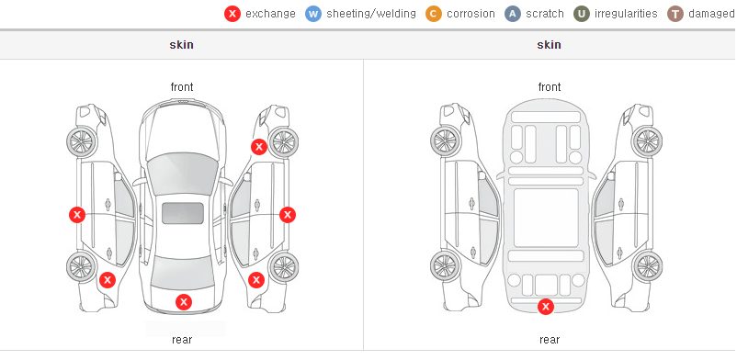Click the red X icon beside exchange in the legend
click(232, 14)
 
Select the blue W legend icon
click(313, 14)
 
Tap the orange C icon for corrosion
click(434, 14)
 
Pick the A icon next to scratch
click(513, 14)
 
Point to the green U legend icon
click(582, 14)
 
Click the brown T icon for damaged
click(675, 14)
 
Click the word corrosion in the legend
click(471, 14)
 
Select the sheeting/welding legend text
click(371, 14)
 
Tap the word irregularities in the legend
click(626, 14)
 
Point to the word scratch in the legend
click(545, 14)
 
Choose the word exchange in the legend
click(270, 14)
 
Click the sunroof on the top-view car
click(183, 213)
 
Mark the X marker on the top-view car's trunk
click(184, 302)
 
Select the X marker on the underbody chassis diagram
click(546, 307)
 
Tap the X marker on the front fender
click(259, 147)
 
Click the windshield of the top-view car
click(183, 174)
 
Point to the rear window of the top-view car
click(183, 272)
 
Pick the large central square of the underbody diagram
click(546, 218)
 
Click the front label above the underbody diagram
click(550, 87)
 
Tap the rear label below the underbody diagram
click(550, 340)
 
